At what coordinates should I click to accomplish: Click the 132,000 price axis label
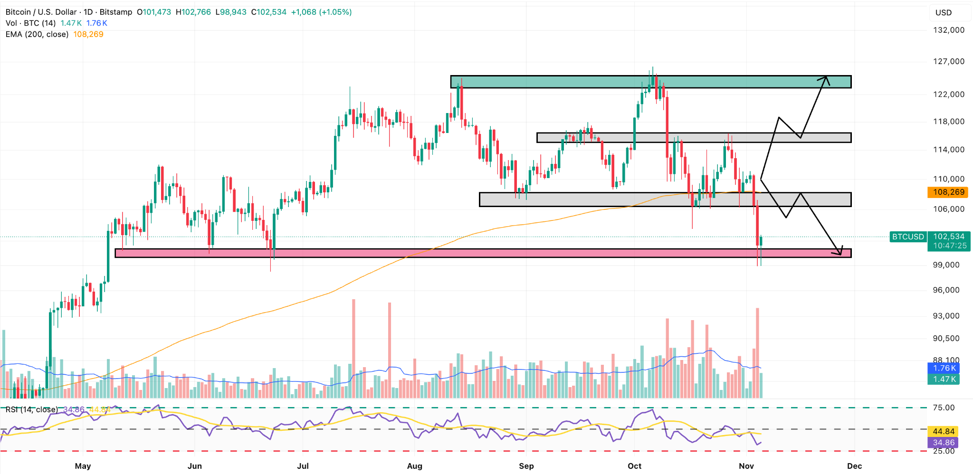pos(948,30)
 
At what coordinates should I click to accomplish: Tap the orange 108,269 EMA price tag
pos(948,192)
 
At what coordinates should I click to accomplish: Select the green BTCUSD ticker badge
pos(907,237)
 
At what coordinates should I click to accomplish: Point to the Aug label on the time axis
pos(415,466)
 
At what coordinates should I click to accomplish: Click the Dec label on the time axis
pos(854,466)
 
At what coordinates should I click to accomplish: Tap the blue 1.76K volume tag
pos(944,368)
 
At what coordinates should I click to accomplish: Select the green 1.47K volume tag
pos(944,379)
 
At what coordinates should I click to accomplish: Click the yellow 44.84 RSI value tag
pos(943,431)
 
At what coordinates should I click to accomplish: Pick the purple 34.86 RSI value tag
pos(943,442)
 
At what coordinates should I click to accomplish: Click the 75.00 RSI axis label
pos(944,408)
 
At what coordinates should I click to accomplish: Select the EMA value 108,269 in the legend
pos(88,34)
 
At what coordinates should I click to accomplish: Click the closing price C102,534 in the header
pos(269,12)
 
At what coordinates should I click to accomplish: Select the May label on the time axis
pos(83,466)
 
